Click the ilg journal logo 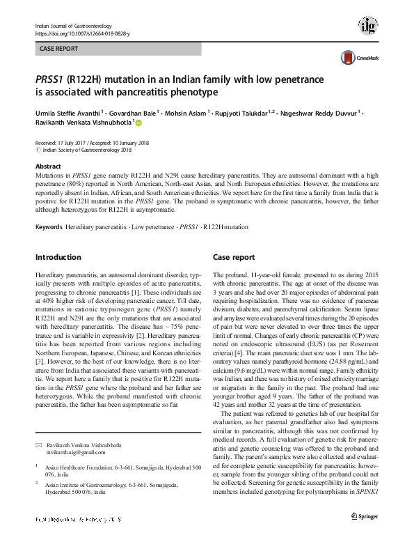(x=367, y=26)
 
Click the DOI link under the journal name (x=81, y=33)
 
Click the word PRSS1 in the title (x=50, y=79)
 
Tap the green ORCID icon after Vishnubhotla (x=138, y=123)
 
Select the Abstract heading (x=48, y=166)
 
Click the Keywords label (x=49, y=228)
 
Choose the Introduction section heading (x=58, y=257)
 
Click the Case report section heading (x=234, y=257)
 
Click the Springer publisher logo (x=364, y=535)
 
